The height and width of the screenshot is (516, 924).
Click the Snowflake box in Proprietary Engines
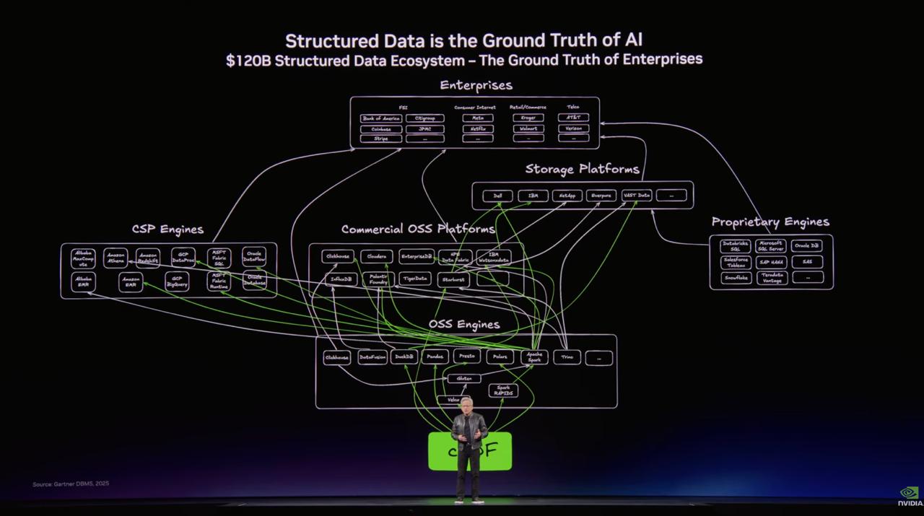point(736,278)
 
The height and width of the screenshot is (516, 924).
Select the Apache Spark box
point(534,357)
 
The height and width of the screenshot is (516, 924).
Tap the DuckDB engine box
point(405,357)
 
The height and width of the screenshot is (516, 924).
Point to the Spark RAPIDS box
point(503,390)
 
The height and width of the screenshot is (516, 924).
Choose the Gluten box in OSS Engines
point(463,378)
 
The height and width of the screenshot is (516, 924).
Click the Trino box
point(567,357)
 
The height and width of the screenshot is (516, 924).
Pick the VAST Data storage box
point(636,196)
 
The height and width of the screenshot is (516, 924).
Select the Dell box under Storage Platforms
point(497,196)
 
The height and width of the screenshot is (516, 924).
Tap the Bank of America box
point(380,118)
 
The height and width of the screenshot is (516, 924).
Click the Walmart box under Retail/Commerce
point(528,128)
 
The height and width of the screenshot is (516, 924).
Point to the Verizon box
point(573,128)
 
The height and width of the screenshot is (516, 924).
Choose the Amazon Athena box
point(115,258)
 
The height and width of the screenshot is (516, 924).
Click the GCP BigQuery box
point(177,281)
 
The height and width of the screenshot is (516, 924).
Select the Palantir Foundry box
point(378,279)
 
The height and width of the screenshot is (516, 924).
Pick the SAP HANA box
point(772,262)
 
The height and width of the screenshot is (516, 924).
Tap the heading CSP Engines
point(167,229)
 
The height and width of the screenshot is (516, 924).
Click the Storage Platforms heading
point(582,169)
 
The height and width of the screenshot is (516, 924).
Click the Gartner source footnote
point(71,484)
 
